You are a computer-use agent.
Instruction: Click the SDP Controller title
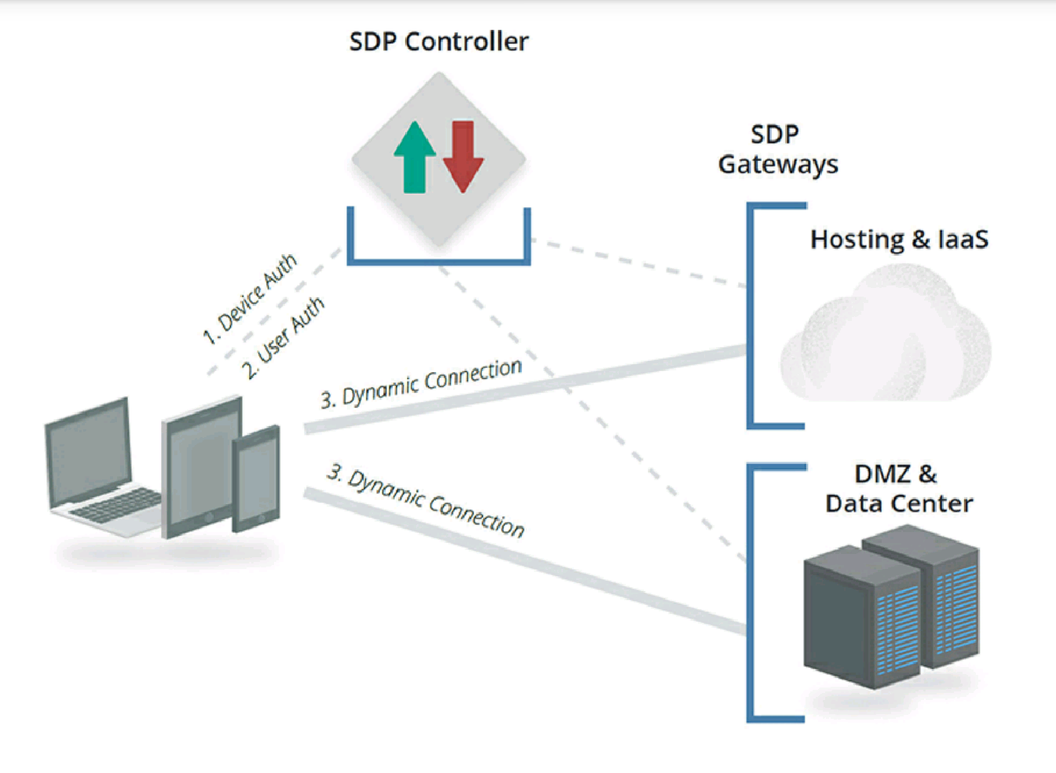coord(439,42)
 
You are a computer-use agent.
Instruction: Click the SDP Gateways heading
coord(777,149)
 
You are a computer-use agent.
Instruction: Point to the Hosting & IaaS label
coord(899,239)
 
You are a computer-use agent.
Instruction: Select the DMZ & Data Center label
coord(898,488)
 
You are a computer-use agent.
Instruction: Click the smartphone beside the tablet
coord(257,478)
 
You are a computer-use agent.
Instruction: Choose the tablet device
coord(200,467)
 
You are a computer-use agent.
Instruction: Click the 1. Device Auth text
coord(250,299)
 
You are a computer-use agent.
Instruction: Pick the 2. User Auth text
coord(283,338)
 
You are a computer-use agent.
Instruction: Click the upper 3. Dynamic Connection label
coord(422,384)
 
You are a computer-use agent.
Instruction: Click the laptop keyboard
coord(118,505)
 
